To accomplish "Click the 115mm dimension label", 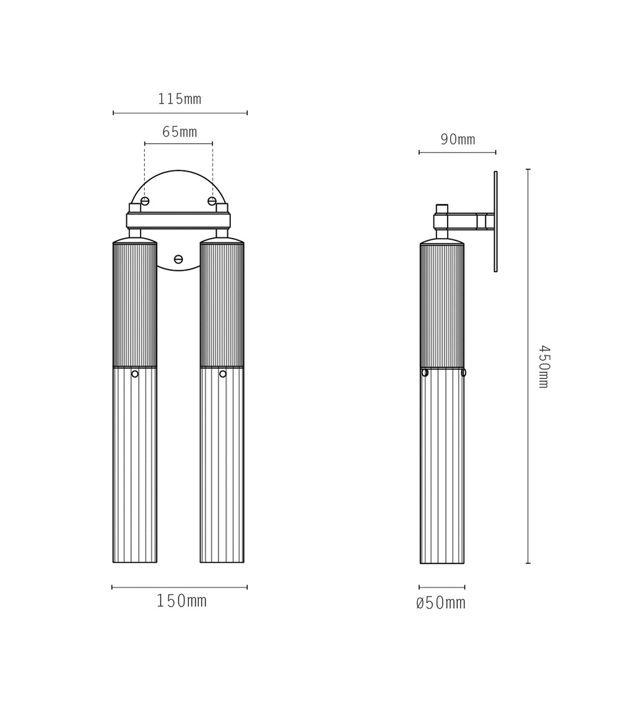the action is click(x=180, y=99).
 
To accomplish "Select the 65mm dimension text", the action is click(x=180, y=132).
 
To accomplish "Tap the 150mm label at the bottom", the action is click(x=181, y=600).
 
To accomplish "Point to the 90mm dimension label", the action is click(x=458, y=139).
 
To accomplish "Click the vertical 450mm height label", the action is click(x=544, y=367).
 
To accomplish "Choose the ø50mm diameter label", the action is click(x=441, y=602).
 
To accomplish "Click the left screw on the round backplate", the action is click(x=145, y=201).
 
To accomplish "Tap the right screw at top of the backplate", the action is click(x=212, y=201).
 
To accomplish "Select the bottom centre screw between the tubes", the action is click(x=178, y=260).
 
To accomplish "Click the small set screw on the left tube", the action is click(x=135, y=374).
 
